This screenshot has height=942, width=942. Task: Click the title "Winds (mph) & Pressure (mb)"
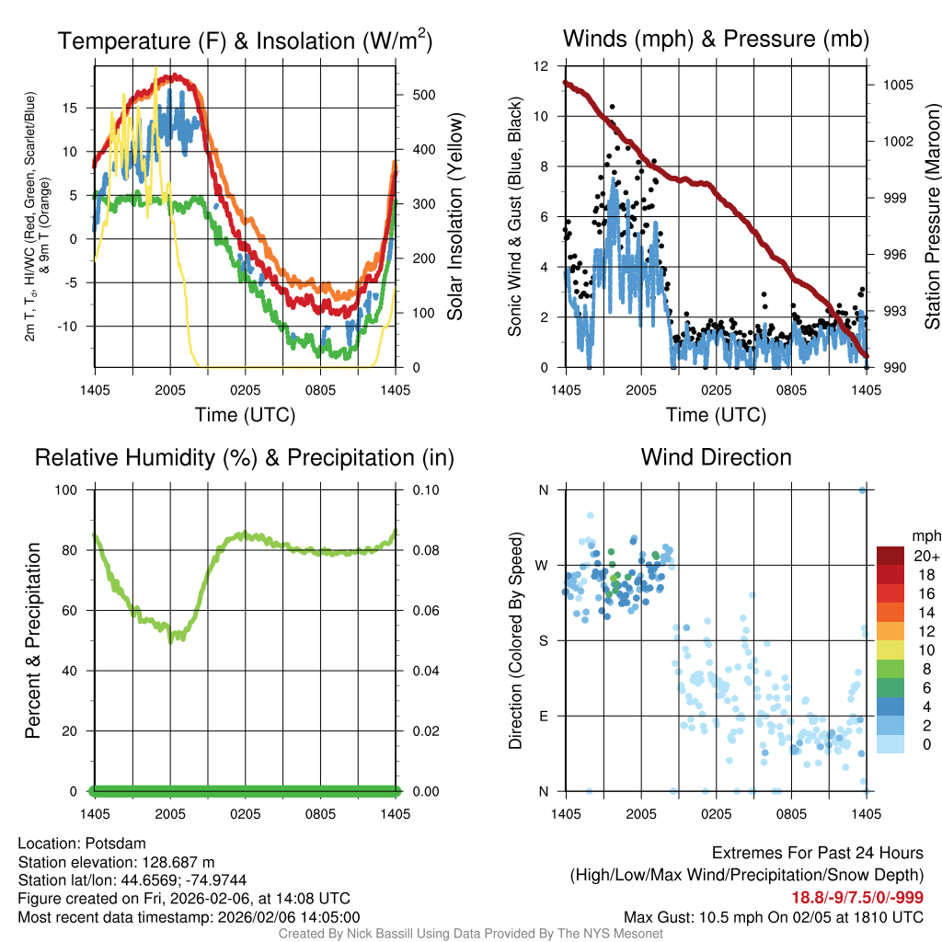(716, 40)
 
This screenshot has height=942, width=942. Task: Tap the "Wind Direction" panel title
(716, 457)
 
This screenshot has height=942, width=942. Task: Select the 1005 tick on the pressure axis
(897, 85)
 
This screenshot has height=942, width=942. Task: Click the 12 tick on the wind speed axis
(543, 66)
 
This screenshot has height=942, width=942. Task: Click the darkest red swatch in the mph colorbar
(890, 556)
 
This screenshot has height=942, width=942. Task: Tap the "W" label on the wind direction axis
(543, 565)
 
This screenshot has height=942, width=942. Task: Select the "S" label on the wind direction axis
(544, 640)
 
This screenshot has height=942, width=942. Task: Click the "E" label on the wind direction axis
(544, 716)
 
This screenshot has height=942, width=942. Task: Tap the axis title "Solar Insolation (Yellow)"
(454, 217)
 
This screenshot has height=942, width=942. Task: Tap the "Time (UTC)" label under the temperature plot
(245, 415)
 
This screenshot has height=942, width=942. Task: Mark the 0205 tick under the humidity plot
(245, 813)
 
